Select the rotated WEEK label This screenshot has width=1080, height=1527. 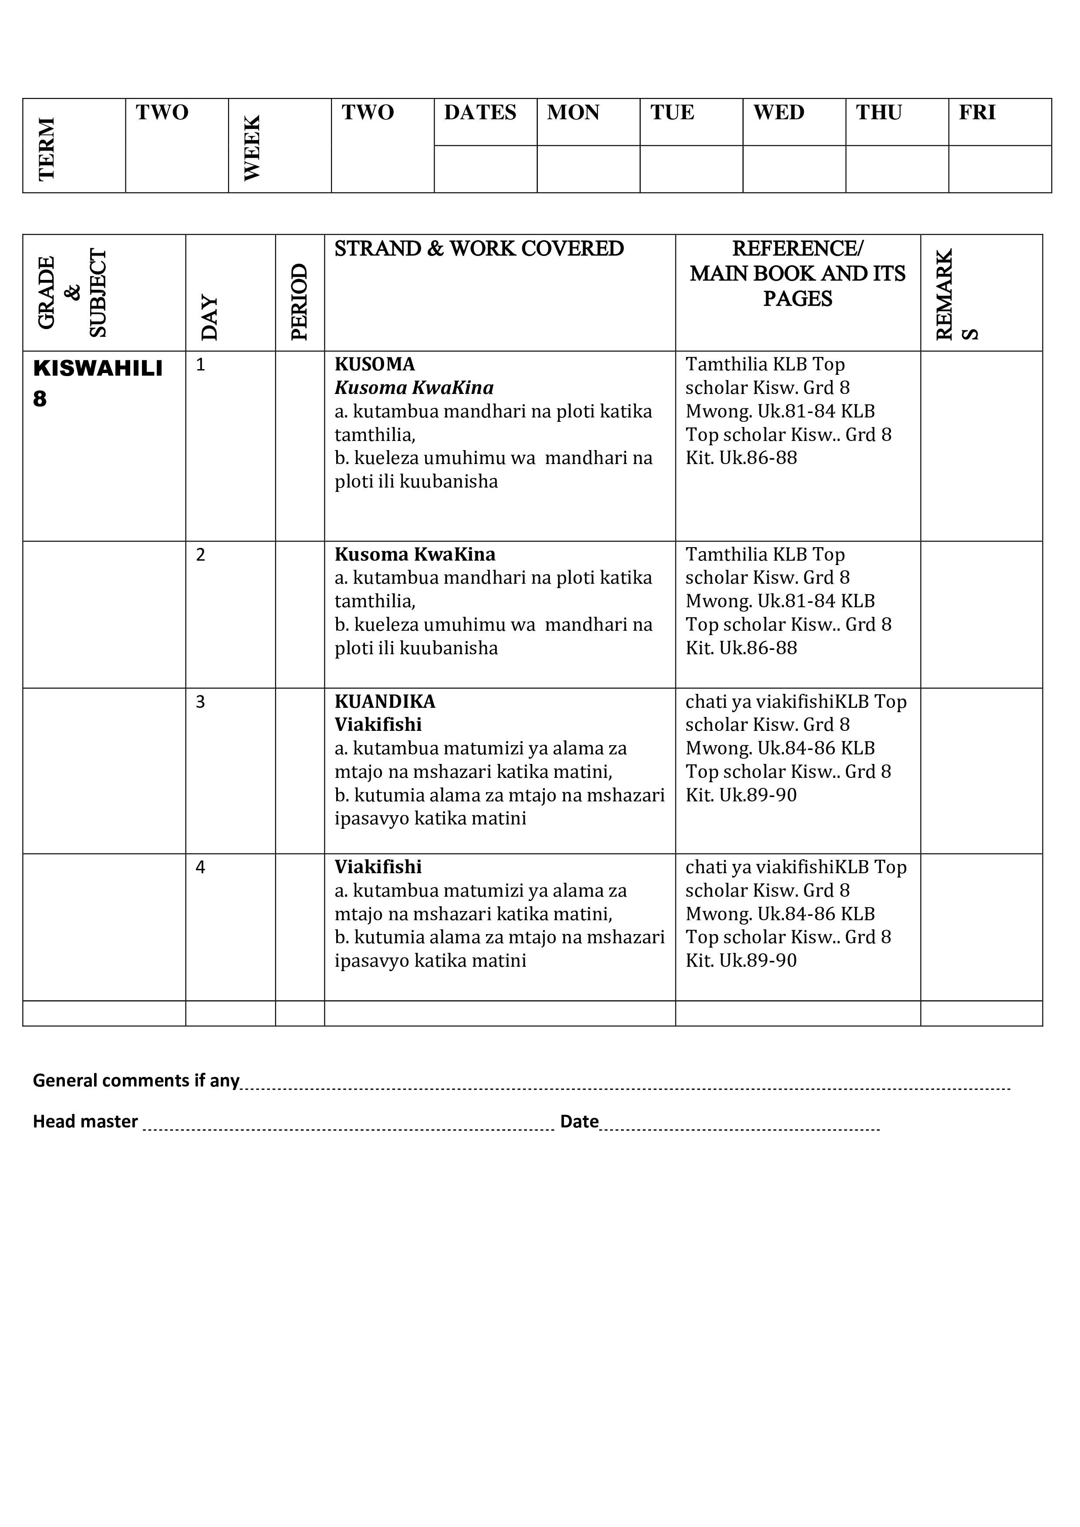tap(252, 148)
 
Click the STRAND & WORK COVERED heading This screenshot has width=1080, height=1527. tap(479, 249)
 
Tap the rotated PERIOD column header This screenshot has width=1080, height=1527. tap(300, 302)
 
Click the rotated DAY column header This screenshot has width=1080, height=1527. tap(209, 318)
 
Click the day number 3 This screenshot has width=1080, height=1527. tap(200, 702)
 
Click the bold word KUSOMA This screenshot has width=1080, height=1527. tap(375, 364)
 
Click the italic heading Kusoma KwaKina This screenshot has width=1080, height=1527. tap(414, 388)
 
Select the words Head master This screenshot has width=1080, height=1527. tap(85, 1121)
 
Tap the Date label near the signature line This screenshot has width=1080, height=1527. tap(579, 1121)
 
